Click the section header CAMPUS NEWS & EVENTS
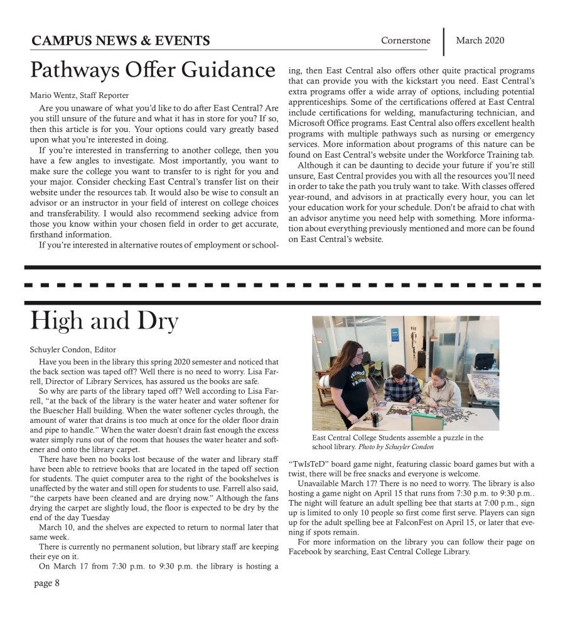pos(120,41)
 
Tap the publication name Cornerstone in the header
pos(406,41)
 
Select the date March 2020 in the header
pos(480,41)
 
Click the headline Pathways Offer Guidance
pos(153,69)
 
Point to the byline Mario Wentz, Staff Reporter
pos(79,95)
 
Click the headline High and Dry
pos(104,322)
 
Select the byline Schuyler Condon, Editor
pos(73,349)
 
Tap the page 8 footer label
pos(47,583)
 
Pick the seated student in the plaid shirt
pos(399,388)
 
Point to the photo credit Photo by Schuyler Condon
pos(395,447)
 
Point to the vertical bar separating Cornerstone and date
pos(444,41)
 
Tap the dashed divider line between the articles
pos(282,285)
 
